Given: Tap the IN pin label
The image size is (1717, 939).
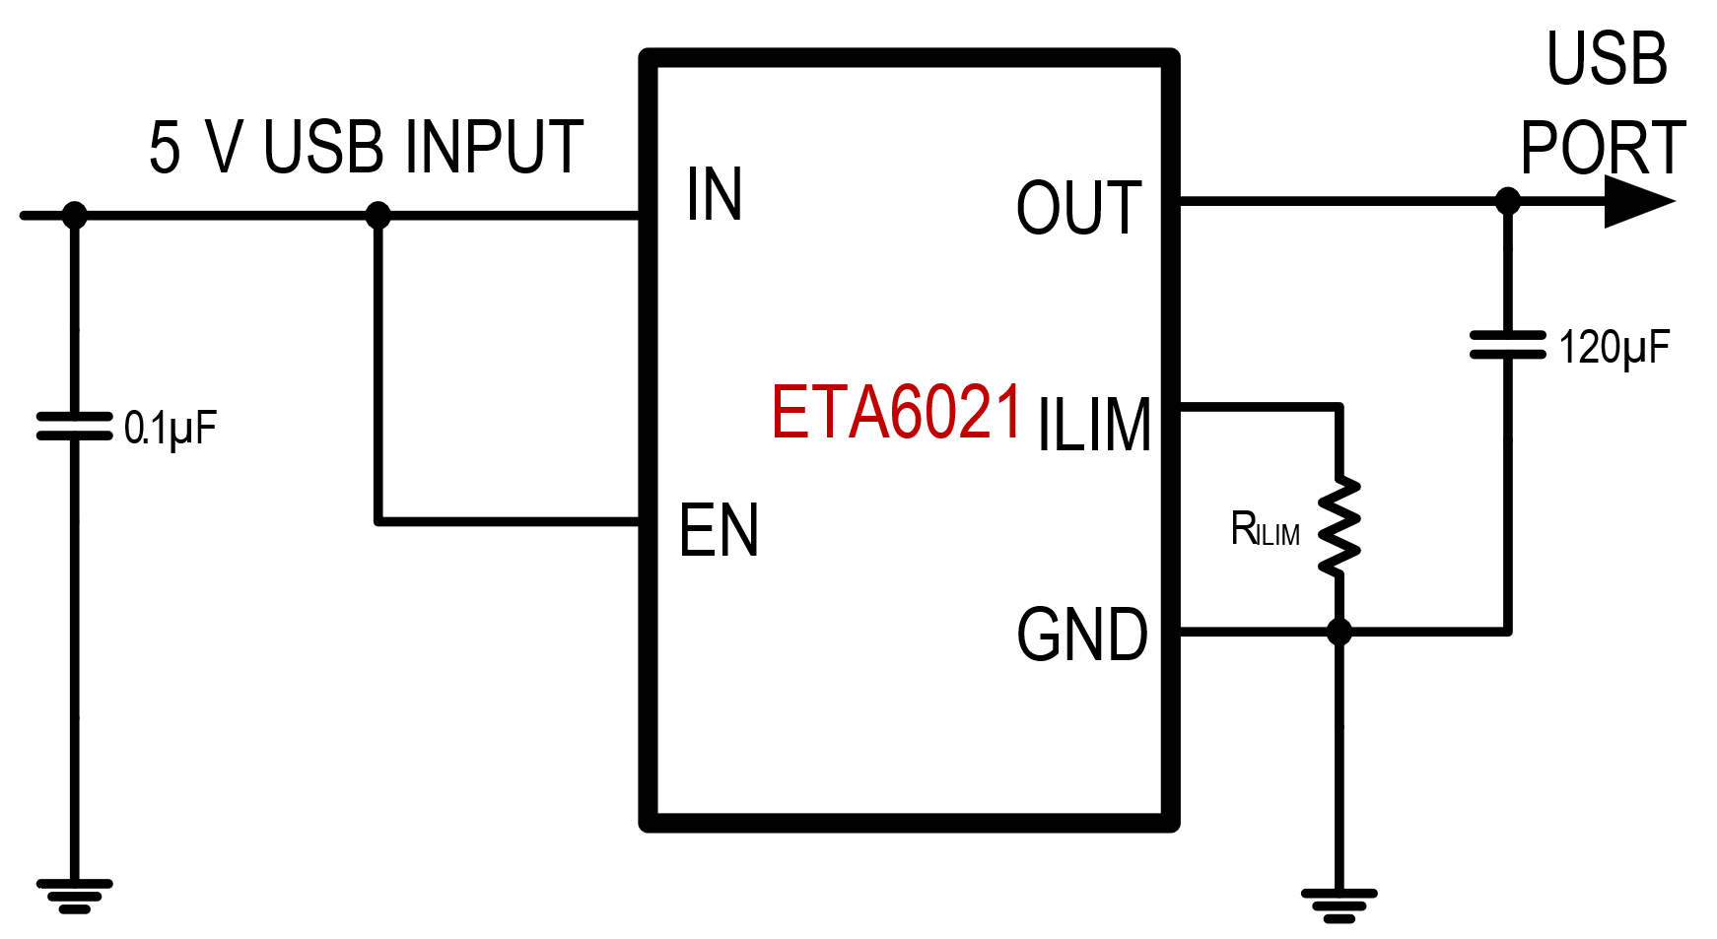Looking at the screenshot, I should coord(715,195).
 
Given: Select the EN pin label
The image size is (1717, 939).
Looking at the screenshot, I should coord(719,531).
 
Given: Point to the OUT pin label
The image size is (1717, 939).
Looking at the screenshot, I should coord(1079,209).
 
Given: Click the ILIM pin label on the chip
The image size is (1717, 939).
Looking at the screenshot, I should coord(1094,426).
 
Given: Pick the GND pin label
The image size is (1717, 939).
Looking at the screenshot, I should coord(1082,636).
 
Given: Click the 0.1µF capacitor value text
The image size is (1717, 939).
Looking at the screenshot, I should coord(170,429).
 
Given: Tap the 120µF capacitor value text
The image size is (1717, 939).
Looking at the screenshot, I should coord(1614,348).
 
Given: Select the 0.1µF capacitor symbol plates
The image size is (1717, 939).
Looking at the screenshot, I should coord(74,426).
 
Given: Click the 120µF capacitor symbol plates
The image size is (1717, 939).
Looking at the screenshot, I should coord(1507,346).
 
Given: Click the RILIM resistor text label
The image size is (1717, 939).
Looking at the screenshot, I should coord(1265,531).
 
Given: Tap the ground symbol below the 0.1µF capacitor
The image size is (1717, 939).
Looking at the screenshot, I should coord(74,896).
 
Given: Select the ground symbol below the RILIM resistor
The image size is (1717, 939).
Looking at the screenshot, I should coord(1339,905).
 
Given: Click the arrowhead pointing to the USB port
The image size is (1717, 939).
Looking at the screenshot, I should coord(1637,202).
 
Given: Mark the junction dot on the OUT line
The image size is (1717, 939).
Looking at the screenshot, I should coord(1507,202).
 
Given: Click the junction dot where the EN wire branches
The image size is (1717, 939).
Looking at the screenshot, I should coord(378,215).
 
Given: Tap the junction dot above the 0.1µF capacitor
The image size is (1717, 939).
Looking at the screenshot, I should coord(74,215).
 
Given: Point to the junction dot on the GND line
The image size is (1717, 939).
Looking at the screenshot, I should coord(1339,631).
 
